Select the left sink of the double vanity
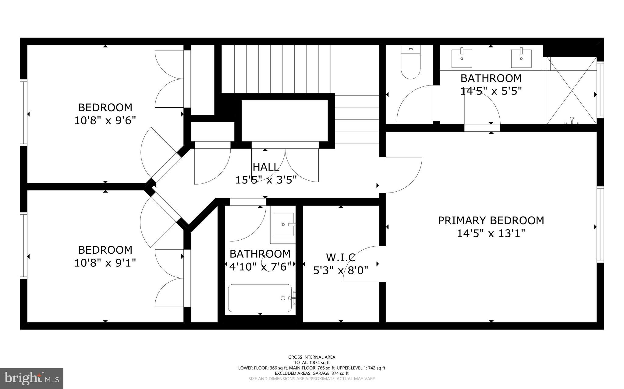pos(462,58)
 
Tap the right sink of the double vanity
pos(521,58)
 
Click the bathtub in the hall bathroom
pos(260,298)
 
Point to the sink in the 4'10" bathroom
pos(283,224)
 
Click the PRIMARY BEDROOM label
pos(491,221)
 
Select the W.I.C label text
pos(341,257)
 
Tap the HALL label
pos(266,167)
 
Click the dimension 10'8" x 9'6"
pos(105,120)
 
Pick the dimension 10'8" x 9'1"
pos(105,263)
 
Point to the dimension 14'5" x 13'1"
pos(491,234)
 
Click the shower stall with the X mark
pos(571,91)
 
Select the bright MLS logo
pos(32,378)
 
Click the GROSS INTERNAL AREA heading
pos(312,357)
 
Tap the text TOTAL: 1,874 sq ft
pos(312,363)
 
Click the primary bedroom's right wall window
pos(600,224)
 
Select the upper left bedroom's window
pos(23,113)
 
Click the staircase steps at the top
pos(276,69)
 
